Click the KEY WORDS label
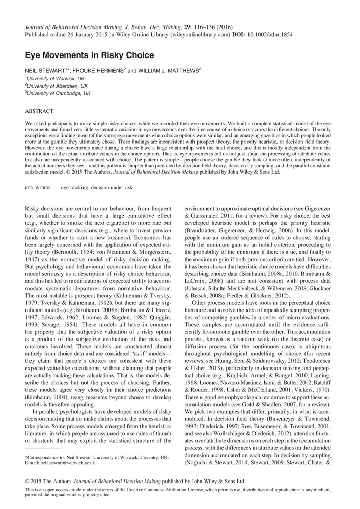pyautogui.click(x=38, y=187)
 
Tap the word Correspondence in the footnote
pyautogui.click(x=42, y=457)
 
